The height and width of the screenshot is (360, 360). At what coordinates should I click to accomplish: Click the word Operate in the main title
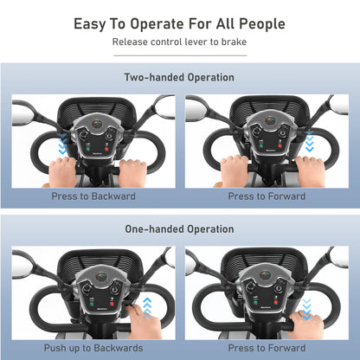pos(157,24)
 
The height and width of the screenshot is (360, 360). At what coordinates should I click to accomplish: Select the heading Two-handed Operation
pos(179,77)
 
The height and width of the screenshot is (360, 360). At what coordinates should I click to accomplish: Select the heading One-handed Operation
pos(179,229)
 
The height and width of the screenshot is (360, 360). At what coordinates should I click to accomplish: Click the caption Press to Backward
pos(93,196)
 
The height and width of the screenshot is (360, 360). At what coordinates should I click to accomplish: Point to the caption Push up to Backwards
pos(93,348)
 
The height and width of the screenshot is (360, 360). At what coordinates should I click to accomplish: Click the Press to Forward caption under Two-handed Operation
pos(267,196)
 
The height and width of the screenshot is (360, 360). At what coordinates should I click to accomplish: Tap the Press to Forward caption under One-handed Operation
pos(267,348)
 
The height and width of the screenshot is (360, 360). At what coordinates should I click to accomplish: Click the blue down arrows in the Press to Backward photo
pos(62,144)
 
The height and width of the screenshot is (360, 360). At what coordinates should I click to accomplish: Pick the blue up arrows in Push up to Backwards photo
pos(147,308)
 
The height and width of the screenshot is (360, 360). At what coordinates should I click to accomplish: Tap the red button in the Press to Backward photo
pos(106,150)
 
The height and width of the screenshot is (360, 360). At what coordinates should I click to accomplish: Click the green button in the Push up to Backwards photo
pos(92,304)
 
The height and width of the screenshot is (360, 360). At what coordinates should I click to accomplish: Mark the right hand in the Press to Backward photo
pos(132,173)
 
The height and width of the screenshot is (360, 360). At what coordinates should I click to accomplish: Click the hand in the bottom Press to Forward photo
pos(307,325)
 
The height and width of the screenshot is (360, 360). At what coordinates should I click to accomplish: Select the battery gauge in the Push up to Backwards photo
pos(101,276)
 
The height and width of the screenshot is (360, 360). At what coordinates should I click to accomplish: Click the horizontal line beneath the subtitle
pos(180,55)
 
